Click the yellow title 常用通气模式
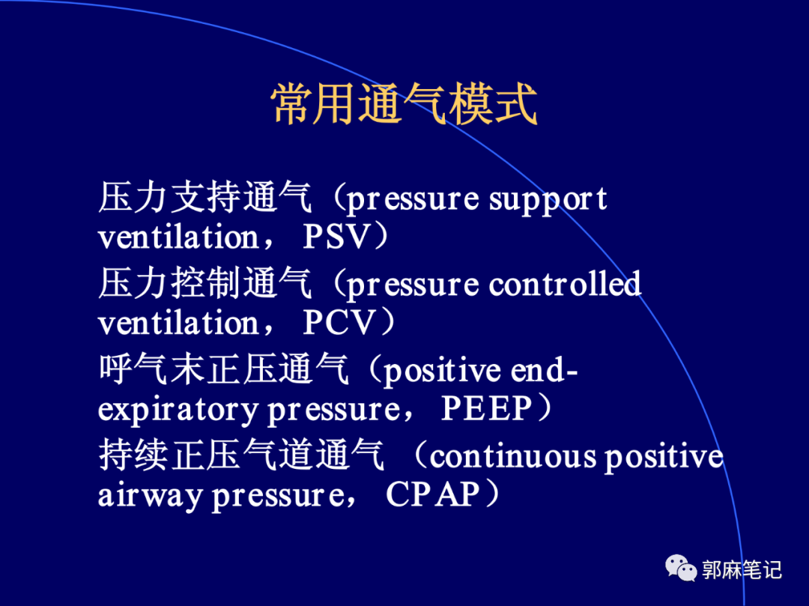click(x=404, y=104)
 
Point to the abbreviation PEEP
click(x=486, y=408)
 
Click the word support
click(x=548, y=200)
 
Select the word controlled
click(x=565, y=284)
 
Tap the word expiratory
click(x=178, y=410)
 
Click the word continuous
click(x=512, y=457)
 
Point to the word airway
click(x=150, y=496)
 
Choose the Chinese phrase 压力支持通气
click(x=204, y=198)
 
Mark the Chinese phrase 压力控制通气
click(x=204, y=283)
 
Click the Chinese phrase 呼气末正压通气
click(x=223, y=369)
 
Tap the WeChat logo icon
click(x=681, y=568)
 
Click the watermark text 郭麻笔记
click(x=742, y=570)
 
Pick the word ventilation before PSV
click(x=178, y=237)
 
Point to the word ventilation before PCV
click(x=178, y=322)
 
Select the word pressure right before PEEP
click(x=333, y=410)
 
